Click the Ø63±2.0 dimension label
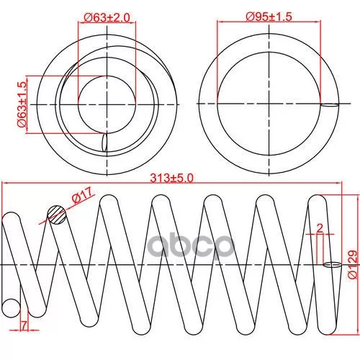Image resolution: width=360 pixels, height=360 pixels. pyautogui.click(x=107, y=17)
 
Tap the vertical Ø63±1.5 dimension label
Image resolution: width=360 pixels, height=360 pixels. pyautogui.click(x=22, y=104)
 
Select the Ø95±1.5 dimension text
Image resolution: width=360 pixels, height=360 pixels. pyautogui.click(x=269, y=17)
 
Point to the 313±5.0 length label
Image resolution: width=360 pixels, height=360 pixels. pyautogui.click(x=171, y=179)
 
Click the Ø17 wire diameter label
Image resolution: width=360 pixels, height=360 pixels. pyautogui.click(x=82, y=195)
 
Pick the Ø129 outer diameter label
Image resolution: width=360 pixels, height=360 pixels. pyautogui.click(x=353, y=264)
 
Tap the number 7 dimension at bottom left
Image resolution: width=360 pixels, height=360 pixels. pyautogui.click(x=24, y=325)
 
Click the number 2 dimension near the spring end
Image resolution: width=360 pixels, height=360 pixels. pyautogui.click(x=320, y=228)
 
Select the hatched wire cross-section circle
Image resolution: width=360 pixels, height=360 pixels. pyautogui.click(x=57, y=215)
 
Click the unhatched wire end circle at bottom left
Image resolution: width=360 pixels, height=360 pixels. pyautogui.click(x=11, y=308)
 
